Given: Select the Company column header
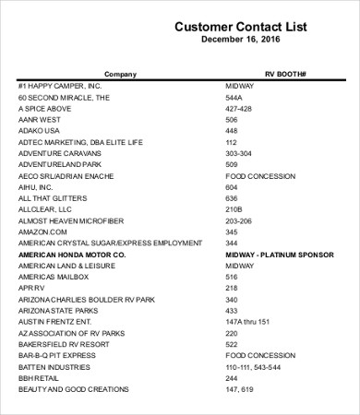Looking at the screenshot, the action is pyautogui.click(x=120, y=73).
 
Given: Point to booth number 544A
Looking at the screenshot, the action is pyautogui.click(x=234, y=97).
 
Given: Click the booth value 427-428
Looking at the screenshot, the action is pyautogui.click(x=238, y=108).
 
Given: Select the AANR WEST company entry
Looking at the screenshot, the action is pyautogui.click(x=39, y=119).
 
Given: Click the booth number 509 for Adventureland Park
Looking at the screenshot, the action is pyautogui.click(x=232, y=164).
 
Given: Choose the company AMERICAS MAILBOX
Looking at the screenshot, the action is pyautogui.click(x=53, y=277).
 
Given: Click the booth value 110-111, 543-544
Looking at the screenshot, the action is pyautogui.click(x=253, y=367).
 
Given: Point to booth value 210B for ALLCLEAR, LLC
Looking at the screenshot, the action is pyautogui.click(x=234, y=209).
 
